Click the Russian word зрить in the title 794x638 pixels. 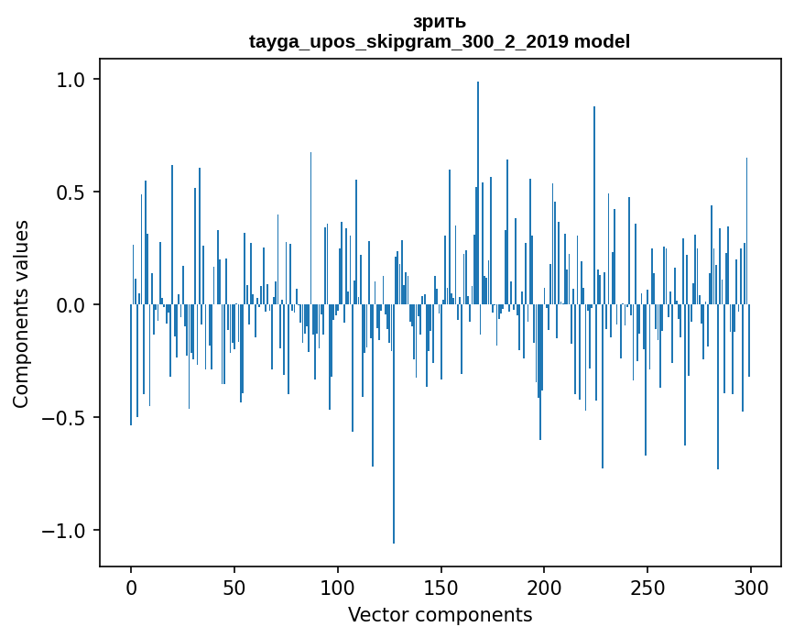tap(440, 22)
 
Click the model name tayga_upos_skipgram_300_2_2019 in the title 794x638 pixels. tap(408, 41)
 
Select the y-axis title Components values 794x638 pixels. tap(21, 313)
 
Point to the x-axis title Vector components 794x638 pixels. tap(440, 614)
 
